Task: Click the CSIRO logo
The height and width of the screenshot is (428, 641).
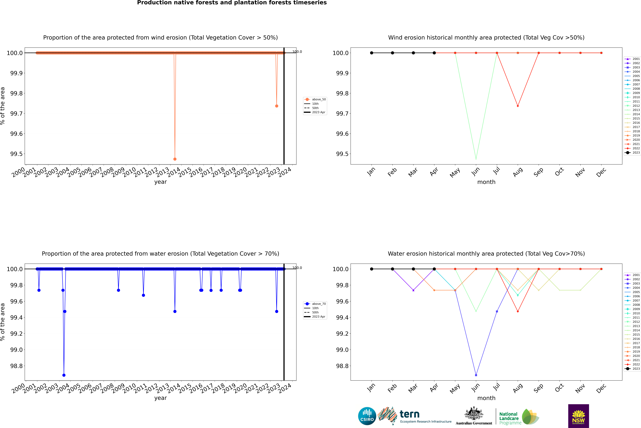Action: tap(367, 416)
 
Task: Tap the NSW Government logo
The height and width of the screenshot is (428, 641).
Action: tap(578, 416)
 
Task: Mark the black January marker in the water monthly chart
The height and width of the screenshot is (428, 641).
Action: tap(372, 269)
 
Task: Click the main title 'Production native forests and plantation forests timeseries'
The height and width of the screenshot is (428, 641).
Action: tap(232, 3)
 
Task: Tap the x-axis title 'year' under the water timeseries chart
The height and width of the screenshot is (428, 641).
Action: tap(160, 398)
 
